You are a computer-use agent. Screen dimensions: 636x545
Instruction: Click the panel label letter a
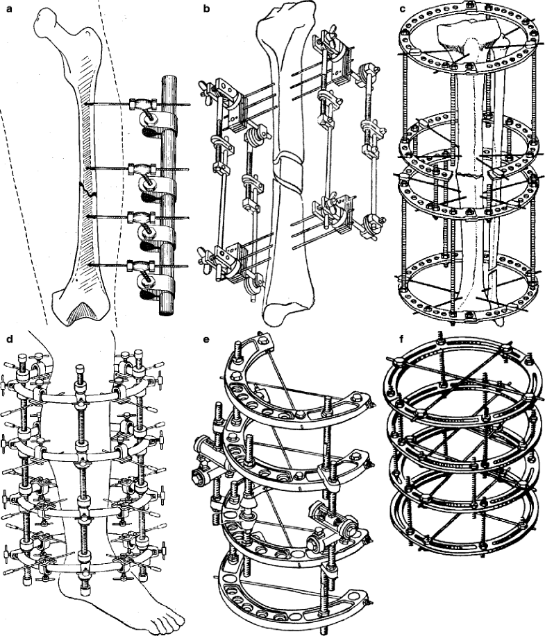pos(5,9)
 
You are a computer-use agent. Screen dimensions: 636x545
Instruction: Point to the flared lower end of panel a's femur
pos(80,305)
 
